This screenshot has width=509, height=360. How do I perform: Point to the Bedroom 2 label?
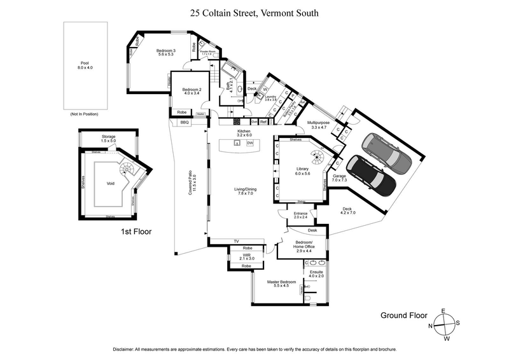[x=192, y=92]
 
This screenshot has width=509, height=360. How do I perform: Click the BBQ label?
[x=185, y=121]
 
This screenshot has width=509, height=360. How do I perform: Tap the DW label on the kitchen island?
[x=250, y=144]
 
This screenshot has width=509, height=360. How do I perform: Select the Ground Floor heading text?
[x=404, y=315]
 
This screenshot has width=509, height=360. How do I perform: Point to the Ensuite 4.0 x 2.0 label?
[x=316, y=274]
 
